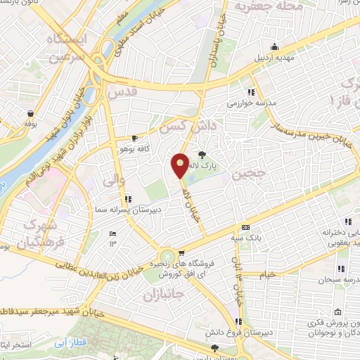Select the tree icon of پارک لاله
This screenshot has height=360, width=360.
203,155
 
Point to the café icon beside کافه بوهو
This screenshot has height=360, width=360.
134,139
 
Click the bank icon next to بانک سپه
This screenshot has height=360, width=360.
245,227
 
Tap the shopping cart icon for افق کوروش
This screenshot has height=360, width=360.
183,253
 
